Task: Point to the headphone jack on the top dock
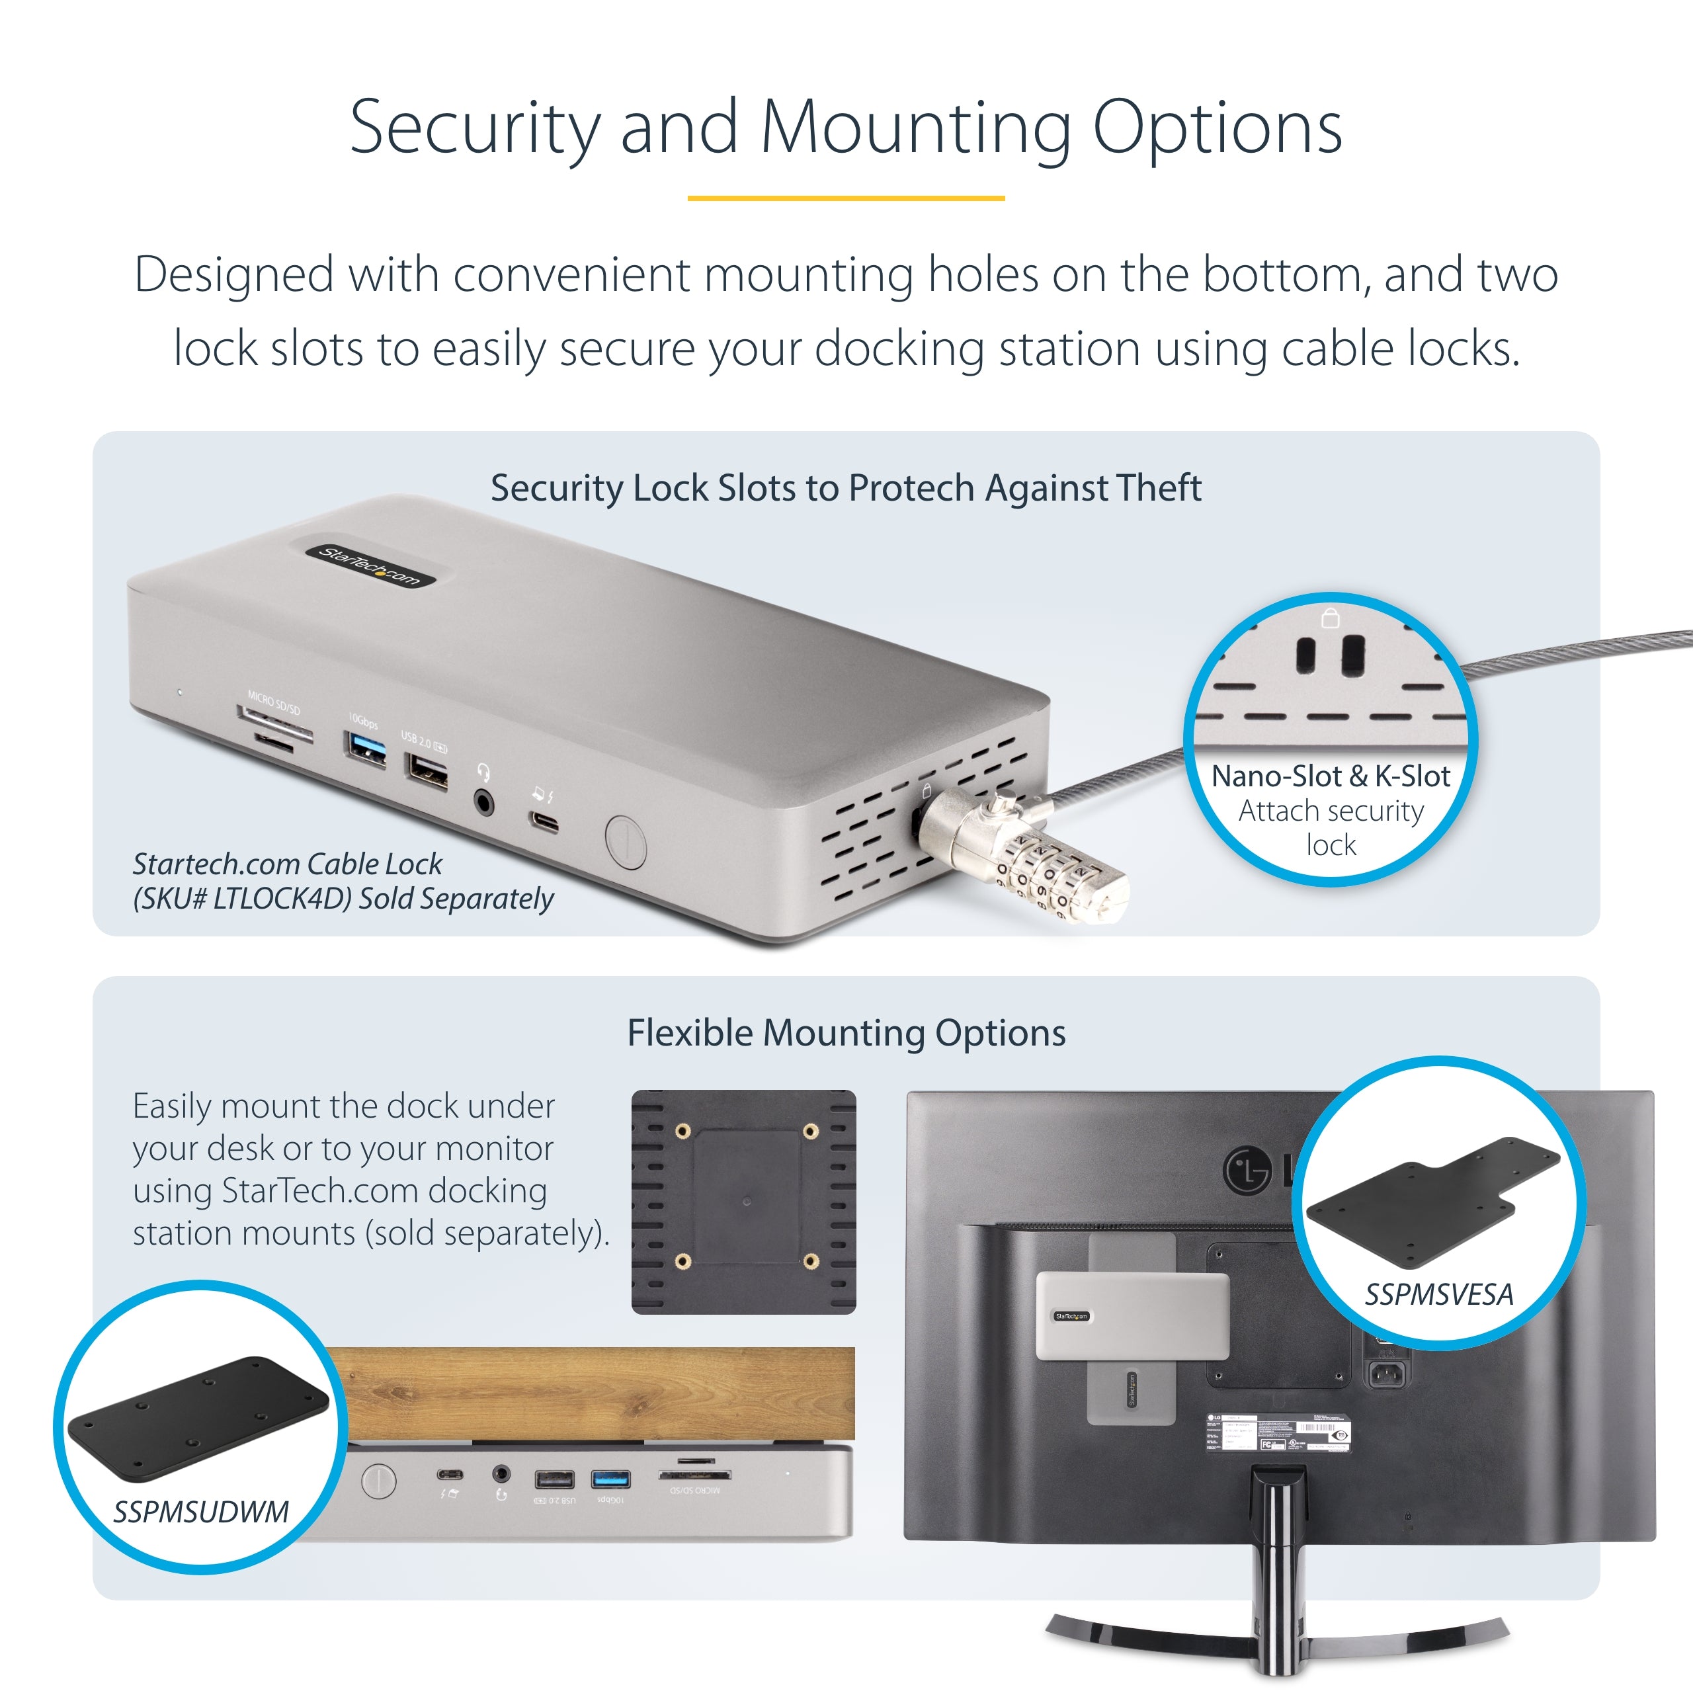point(483,801)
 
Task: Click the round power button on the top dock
point(625,841)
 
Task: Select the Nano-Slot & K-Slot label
point(1329,776)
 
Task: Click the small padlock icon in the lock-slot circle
point(1330,618)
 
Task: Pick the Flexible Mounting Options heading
point(846,1033)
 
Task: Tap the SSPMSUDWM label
point(200,1512)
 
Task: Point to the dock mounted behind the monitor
point(1132,1316)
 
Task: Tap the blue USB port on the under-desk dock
point(611,1480)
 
